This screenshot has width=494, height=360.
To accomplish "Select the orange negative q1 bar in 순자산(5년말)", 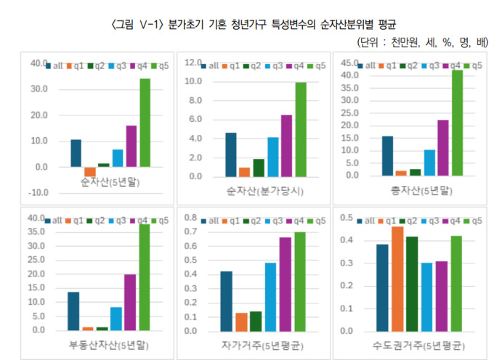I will click(90, 171).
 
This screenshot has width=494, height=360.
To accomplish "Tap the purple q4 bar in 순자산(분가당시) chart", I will click(287, 145).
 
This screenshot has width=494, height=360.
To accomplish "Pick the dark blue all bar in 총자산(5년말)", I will click(386, 155).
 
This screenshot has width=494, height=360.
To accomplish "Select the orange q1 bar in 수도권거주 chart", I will click(397, 279).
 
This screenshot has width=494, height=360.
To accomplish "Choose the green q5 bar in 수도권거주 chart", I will click(456, 283).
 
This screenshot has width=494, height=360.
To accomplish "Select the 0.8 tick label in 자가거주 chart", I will click(190, 218).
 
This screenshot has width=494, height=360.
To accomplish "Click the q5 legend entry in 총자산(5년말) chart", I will click(473, 65).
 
